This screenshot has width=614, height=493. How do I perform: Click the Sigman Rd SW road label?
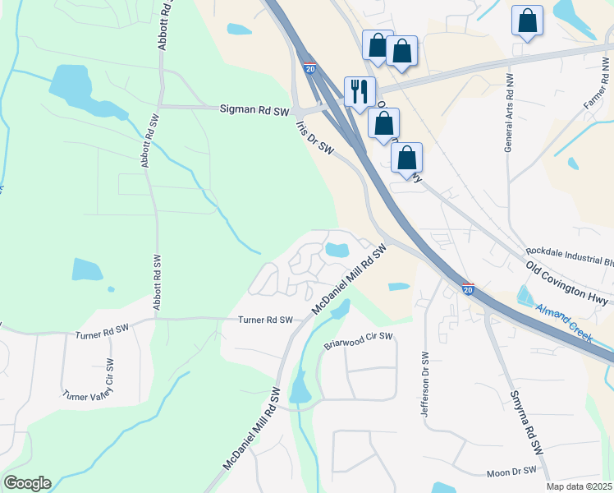click(x=254, y=108)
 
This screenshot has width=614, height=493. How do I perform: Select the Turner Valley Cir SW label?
click(x=87, y=380)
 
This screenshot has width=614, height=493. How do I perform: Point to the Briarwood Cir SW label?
click(x=358, y=341)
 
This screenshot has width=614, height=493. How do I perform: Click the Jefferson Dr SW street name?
click(x=425, y=385)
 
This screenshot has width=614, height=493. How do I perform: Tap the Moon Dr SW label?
click(x=511, y=472)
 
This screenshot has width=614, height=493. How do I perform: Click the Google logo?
click(x=27, y=483)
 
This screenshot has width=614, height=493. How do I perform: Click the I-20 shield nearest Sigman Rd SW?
click(x=309, y=69)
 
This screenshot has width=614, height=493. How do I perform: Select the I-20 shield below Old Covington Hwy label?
click(x=468, y=289)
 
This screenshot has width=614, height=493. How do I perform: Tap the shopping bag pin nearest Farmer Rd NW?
click(x=527, y=21)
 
